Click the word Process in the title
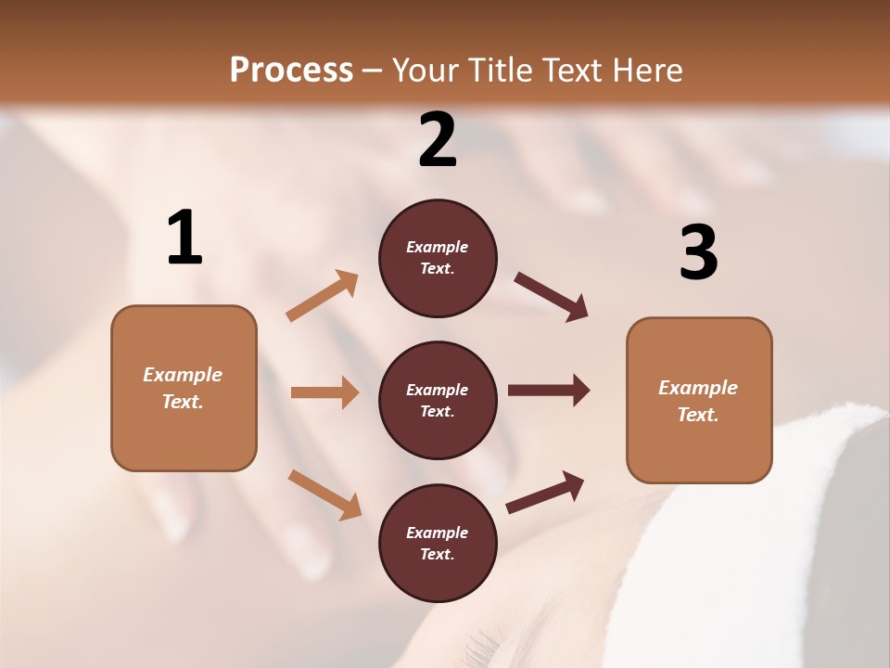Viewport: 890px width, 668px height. pyautogui.click(x=291, y=70)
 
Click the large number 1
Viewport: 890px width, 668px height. pyautogui.click(x=184, y=238)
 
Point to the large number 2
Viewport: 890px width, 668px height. pyautogui.click(x=438, y=140)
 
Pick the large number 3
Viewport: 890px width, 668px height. pyautogui.click(x=698, y=253)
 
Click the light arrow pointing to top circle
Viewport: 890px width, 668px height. pyautogui.click(x=322, y=296)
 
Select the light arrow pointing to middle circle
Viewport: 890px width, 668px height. pyautogui.click(x=324, y=392)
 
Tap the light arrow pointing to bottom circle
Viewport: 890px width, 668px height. pyautogui.click(x=324, y=494)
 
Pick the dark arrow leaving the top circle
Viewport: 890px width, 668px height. pyautogui.click(x=551, y=297)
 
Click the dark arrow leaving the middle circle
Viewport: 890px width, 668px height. pyautogui.click(x=549, y=391)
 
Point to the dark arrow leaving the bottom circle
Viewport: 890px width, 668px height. pyautogui.click(x=545, y=492)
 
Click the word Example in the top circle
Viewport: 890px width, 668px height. pyautogui.click(x=438, y=247)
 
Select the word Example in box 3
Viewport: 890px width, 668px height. pyautogui.click(x=698, y=388)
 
